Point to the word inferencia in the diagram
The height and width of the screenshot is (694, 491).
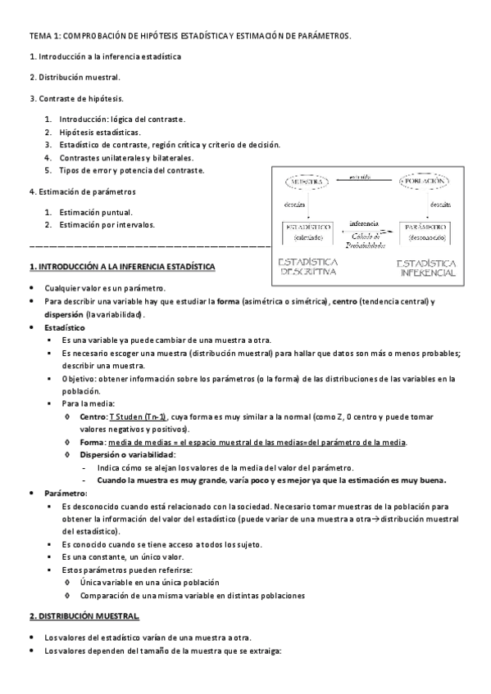pyautogui.click(x=363, y=223)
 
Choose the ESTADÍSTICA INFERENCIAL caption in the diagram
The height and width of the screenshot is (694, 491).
pyautogui.click(x=426, y=268)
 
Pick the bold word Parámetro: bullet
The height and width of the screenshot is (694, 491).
pyautogui.click(x=66, y=494)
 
